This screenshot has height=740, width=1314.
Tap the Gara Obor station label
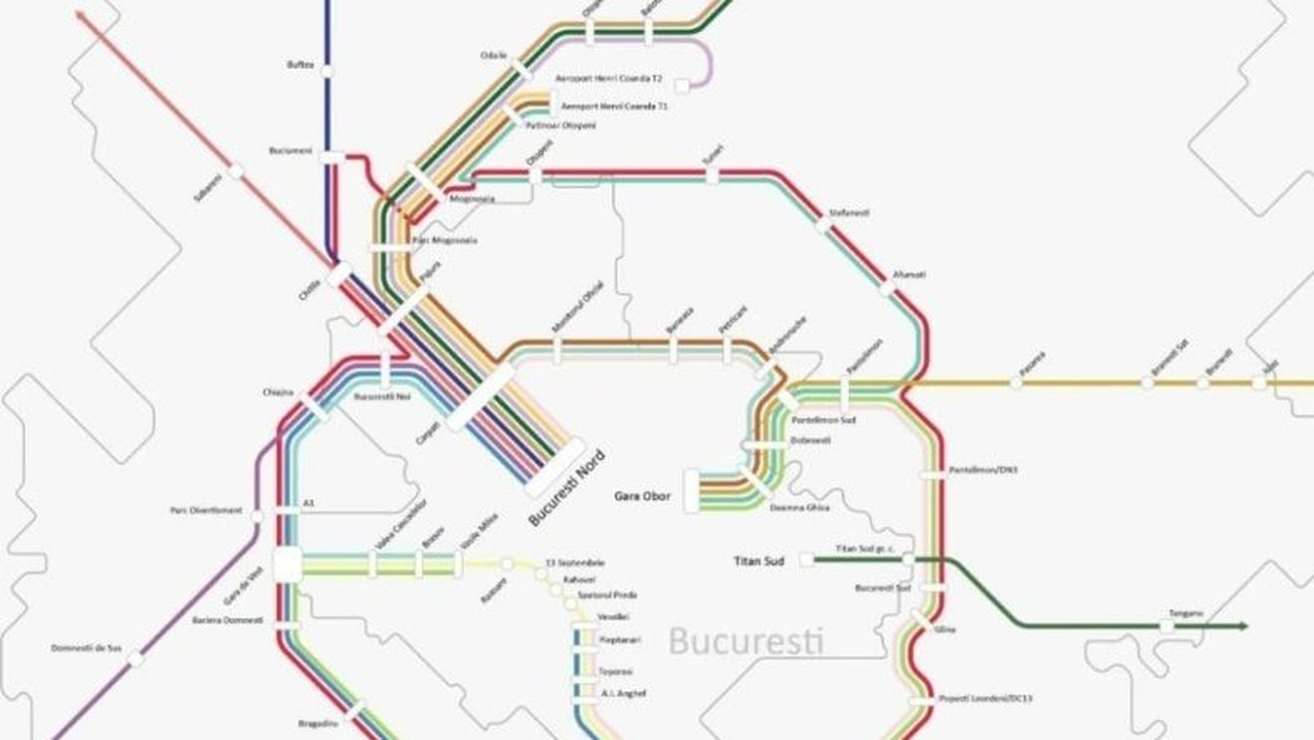pyautogui.click(x=642, y=496)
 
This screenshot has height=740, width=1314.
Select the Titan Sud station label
pyautogui.click(x=760, y=561)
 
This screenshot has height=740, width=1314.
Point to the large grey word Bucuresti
pyautogui.click(x=746, y=639)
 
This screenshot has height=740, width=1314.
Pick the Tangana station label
pyautogui.click(x=1186, y=613)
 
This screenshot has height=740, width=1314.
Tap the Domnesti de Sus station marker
pyautogui.click(x=135, y=659)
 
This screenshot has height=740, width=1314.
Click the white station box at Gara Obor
pyautogui.click(x=692, y=491)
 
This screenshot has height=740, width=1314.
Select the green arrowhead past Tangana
pyautogui.click(x=1244, y=625)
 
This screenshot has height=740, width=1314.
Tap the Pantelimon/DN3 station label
pyautogui.click(x=983, y=469)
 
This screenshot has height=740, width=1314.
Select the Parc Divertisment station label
pyautogui.click(x=206, y=511)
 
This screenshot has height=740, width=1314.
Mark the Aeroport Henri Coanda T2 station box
pyautogui.click(x=682, y=86)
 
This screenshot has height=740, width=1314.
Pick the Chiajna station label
pyautogui.click(x=278, y=392)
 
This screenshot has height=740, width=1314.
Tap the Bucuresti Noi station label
pyautogui.click(x=382, y=396)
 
